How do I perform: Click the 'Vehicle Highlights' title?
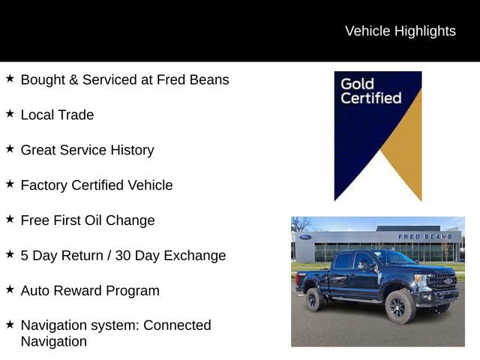coord(400,31)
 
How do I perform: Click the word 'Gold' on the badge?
coord(357,83)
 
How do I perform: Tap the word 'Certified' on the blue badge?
coord(370,98)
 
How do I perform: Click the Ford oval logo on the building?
coord(305,237)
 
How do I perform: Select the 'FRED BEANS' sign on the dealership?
coord(424,237)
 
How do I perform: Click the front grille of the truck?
coord(443,282)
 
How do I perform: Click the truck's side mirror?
coord(363,265)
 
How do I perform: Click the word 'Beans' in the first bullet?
coord(210,79)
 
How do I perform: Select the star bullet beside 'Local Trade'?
coord(10,114)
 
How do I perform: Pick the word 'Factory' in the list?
coord(44,185)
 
